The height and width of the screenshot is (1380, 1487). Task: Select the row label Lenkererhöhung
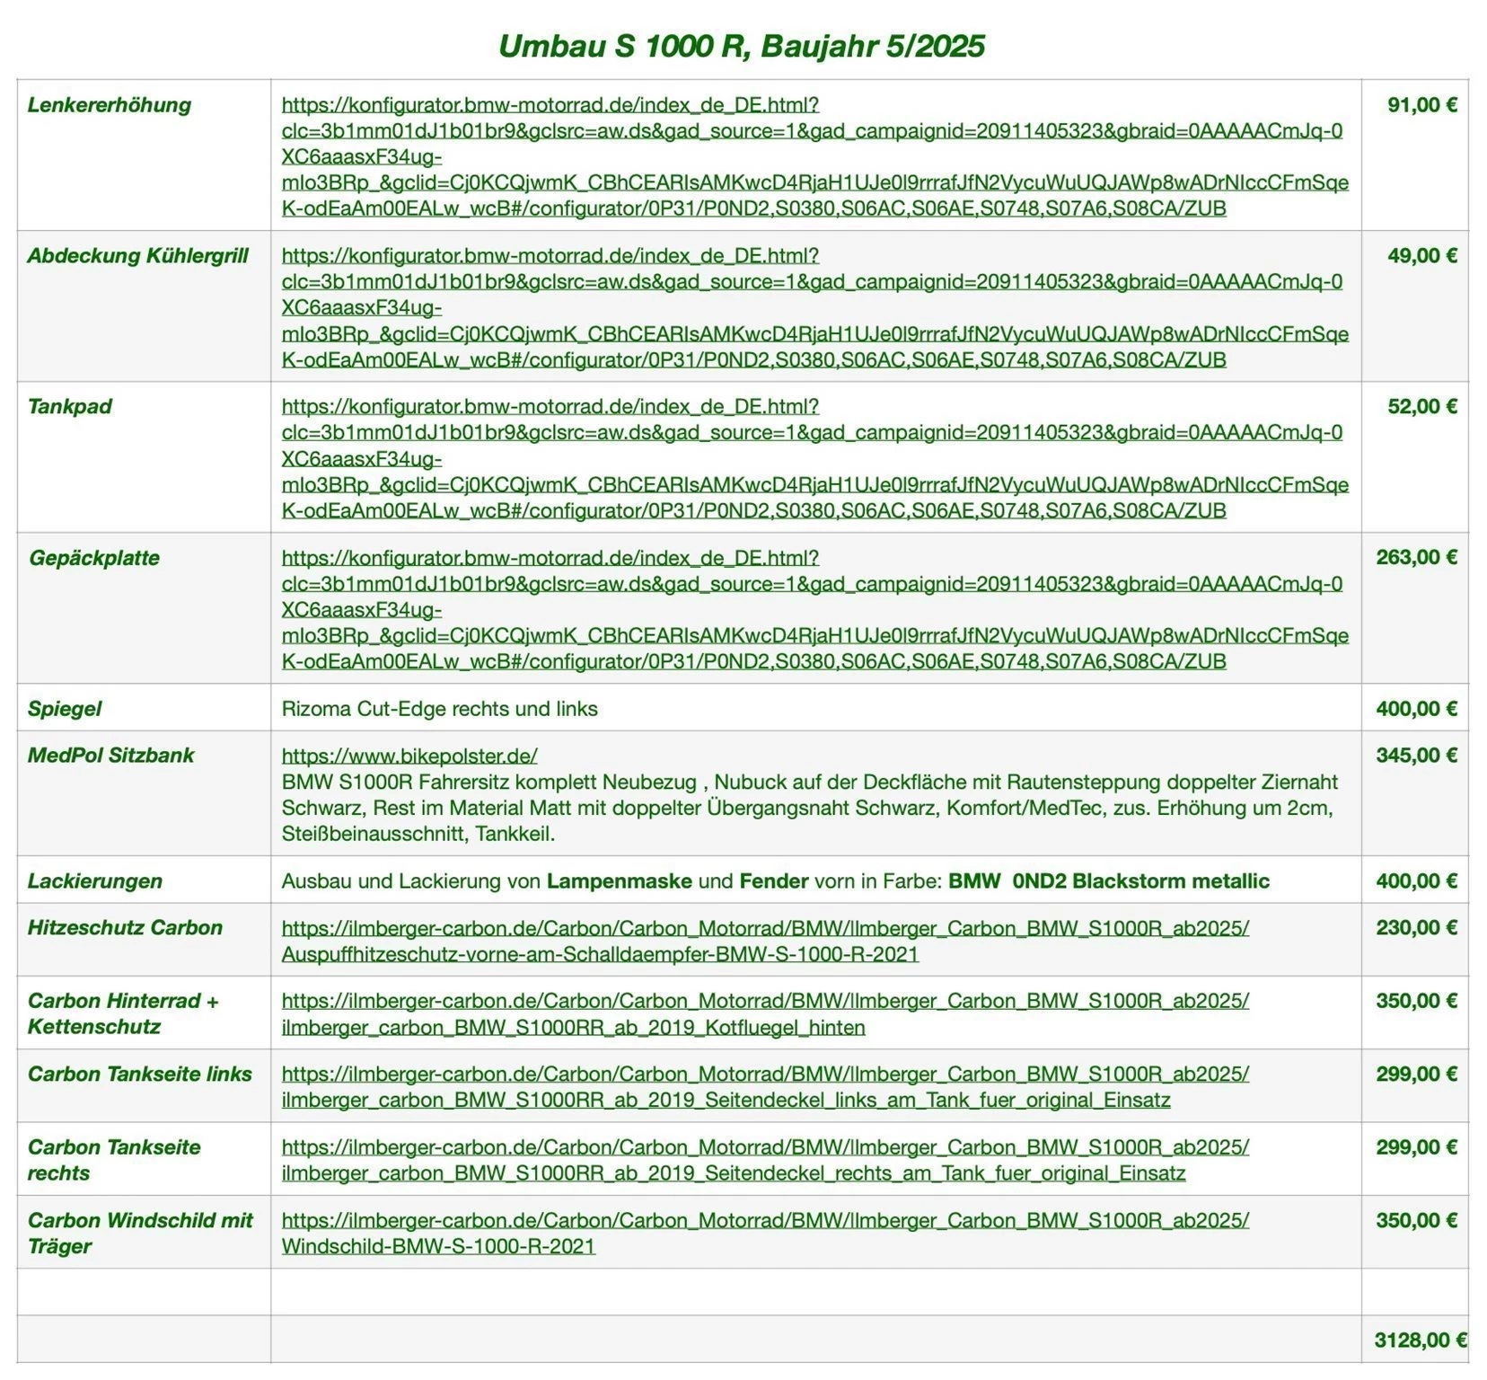pyautogui.click(x=109, y=105)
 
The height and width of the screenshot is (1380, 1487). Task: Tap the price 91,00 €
pyautogui.click(x=1421, y=105)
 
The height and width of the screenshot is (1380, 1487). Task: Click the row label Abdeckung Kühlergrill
pyautogui.click(x=137, y=256)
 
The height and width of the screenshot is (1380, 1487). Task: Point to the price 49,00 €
pyautogui.click(x=1421, y=256)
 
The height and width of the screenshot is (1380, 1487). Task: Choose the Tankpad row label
pyautogui.click(x=69, y=407)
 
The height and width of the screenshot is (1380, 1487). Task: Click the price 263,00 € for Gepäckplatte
pyautogui.click(x=1416, y=558)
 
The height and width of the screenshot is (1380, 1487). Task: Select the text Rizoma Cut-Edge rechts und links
pyautogui.click(x=439, y=709)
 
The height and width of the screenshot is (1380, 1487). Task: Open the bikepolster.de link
pyautogui.click(x=409, y=756)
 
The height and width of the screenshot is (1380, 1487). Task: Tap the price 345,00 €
pyautogui.click(x=1416, y=756)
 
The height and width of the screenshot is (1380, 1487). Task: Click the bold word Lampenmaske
pyautogui.click(x=619, y=881)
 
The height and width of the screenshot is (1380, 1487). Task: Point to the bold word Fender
pyautogui.click(x=773, y=881)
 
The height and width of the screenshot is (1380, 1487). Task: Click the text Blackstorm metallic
pyautogui.click(x=1170, y=881)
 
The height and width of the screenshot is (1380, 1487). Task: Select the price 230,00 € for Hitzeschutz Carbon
pyautogui.click(x=1416, y=928)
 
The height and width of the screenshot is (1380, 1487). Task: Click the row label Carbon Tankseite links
pyautogui.click(x=139, y=1075)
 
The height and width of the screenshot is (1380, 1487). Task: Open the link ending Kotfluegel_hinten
pyautogui.click(x=573, y=1028)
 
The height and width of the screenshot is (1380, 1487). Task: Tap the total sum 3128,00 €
pyautogui.click(x=1420, y=1340)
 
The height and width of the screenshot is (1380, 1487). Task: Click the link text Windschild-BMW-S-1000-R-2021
pyautogui.click(x=438, y=1247)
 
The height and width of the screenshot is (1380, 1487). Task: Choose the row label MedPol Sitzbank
pyautogui.click(x=110, y=756)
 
